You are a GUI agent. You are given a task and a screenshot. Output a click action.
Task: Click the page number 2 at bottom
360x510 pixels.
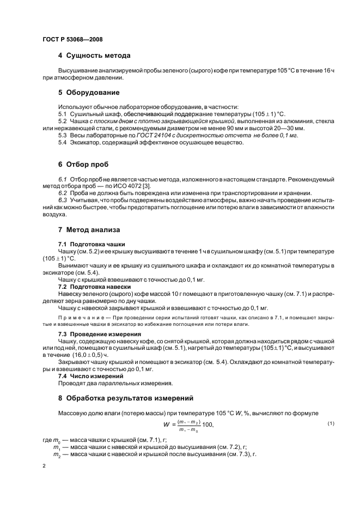pos(44,467)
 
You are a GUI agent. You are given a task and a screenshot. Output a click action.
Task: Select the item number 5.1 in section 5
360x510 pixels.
pos(63,113)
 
